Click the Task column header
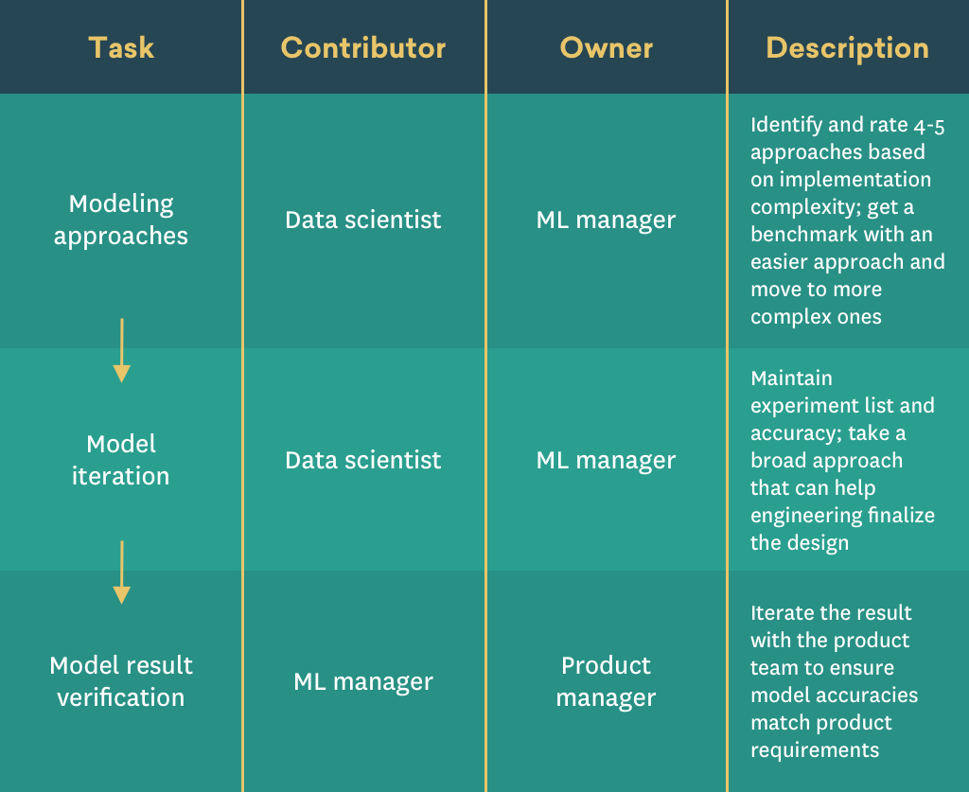point(121,47)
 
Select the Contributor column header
point(363,47)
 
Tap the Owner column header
point(607,47)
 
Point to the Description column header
point(847,48)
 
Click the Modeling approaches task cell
point(121,220)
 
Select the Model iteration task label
point(121,460)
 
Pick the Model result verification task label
point(121,681)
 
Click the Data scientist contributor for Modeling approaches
point(363,220)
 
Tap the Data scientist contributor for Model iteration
point(363,460)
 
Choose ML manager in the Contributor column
point(363,681)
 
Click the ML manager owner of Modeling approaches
point(607,220)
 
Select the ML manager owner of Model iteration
point(607,460)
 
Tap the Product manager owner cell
point(607,681)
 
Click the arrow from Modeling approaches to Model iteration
point(122,350)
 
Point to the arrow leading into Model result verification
point(122,572)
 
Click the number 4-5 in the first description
point(929,126)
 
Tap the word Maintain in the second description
point(792,378)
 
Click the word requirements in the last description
point(815,750)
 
